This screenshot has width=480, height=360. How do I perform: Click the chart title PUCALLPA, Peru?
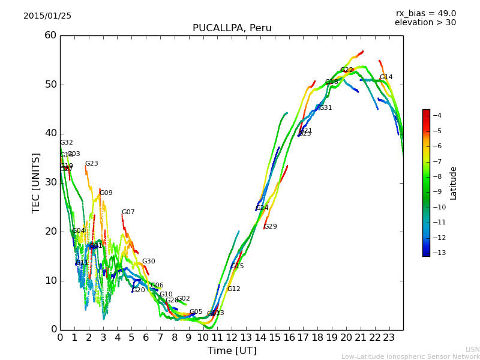[232, 28]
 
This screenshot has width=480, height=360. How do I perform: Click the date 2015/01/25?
[47, 16]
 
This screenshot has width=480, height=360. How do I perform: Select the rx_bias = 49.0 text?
[425, 14]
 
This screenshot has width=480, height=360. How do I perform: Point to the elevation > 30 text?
[425, 23]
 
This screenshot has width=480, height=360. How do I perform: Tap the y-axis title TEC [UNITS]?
[36, 182]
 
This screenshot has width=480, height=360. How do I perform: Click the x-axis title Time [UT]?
[232, 350]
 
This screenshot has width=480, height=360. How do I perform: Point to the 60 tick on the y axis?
[50, 35]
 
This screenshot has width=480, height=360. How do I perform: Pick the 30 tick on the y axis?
[50, 182]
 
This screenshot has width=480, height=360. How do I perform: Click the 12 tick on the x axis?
[232, 337]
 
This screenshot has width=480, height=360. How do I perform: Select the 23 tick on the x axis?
[389, 337]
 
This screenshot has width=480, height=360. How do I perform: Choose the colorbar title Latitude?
[454, 182]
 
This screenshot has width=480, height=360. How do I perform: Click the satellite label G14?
[386, 77]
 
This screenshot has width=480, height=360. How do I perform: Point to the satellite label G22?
[347, 70]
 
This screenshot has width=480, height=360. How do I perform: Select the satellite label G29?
[271, 227]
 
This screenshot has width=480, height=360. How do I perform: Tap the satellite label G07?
[128, 212]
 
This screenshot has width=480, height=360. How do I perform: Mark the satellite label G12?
[233, 289]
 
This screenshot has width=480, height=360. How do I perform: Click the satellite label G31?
[325, 108]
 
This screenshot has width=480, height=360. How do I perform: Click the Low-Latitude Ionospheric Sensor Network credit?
[410, 357]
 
